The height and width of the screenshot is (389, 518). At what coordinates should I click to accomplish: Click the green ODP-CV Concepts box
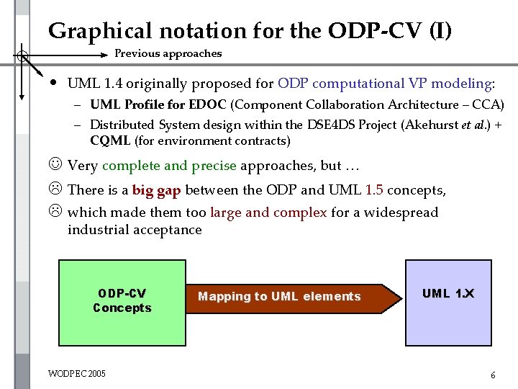coord(122,301)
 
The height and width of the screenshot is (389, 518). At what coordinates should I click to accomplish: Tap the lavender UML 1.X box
coord(447,301)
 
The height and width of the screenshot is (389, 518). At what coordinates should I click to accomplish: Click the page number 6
coord(492,375)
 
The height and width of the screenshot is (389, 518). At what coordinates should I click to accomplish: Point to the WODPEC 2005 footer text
coord(76,373)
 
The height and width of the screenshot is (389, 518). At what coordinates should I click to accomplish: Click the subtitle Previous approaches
coord(168,53)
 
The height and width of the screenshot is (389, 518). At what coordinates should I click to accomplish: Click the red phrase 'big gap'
coord(156,190)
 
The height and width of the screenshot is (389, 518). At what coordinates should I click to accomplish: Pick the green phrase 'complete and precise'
coord(169,166)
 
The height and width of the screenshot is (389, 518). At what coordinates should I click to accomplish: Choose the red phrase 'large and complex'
coord(268,213)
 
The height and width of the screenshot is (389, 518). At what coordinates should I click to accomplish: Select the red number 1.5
coord(375,190)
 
